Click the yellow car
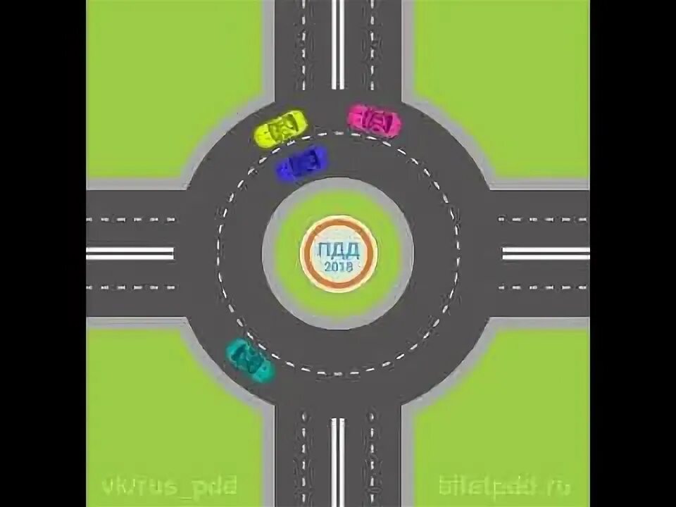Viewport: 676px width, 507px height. click(280, 129)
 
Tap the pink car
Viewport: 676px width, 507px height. click(374, 121)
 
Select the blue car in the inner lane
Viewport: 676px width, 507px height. click(302, 164)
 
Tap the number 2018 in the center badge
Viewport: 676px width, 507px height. click(339, 266)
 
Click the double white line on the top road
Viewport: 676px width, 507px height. click(338, 42)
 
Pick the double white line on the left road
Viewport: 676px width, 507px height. click(130, 253)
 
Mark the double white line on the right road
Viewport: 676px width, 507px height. click(546, 253)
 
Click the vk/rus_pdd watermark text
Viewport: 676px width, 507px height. click(169, 486)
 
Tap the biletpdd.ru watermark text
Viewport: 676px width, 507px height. click(504, 486)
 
